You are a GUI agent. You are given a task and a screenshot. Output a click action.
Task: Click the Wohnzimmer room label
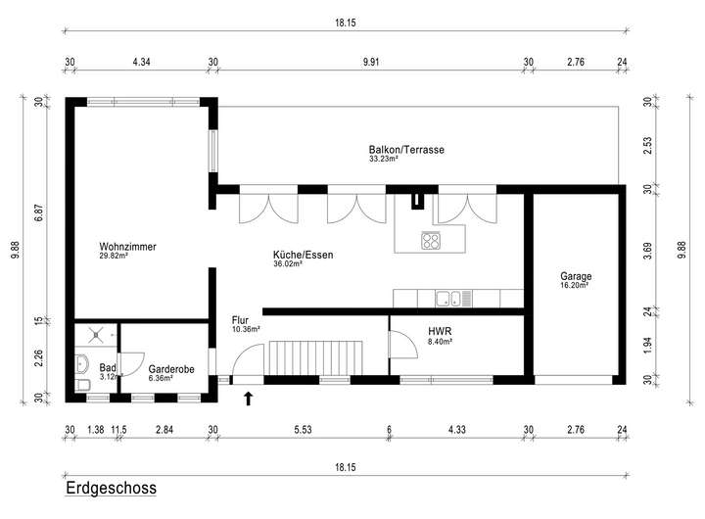click(x=127, y=247)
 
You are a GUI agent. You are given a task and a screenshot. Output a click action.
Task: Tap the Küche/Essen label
click(x=303, y=255)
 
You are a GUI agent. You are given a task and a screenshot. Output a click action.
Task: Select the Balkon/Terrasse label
click(x=406, y=150)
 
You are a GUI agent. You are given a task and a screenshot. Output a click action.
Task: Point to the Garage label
click(x=576, y=276)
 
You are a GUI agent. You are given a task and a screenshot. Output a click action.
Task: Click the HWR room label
click(x=440, y=331)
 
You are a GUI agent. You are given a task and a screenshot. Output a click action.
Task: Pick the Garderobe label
click(x=171, y=369)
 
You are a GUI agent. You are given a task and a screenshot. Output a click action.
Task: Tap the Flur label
click(x=240, y=320)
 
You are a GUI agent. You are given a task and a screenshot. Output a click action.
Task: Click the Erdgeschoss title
click(x=111, y=488)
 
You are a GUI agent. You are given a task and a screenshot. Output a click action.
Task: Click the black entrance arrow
click(x=248, y=399)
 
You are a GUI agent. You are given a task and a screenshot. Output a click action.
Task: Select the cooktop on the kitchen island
click(x=431, y=240)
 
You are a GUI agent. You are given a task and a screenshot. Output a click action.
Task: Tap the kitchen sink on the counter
click(x=447, y=298)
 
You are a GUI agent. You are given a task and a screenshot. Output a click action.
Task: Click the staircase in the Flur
click(x=315, y=357)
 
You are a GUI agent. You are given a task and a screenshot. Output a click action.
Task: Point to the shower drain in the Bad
click(x=96, y=334)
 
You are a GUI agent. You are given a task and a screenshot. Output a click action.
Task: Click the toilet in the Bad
click(x=82, y=385)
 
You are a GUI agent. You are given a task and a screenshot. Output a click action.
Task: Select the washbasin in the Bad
click(x=82, y=363)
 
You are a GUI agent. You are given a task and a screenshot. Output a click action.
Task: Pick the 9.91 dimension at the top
click(x=371, y=62)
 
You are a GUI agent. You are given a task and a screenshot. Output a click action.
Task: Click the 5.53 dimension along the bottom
click(x=303, y=430)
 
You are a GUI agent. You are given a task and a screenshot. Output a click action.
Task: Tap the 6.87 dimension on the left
click(x=39, y=212)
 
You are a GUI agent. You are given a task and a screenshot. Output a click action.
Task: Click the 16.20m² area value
click(x=574, y=285)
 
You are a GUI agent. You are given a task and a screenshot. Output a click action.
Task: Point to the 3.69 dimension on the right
click(x=647, y=251)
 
